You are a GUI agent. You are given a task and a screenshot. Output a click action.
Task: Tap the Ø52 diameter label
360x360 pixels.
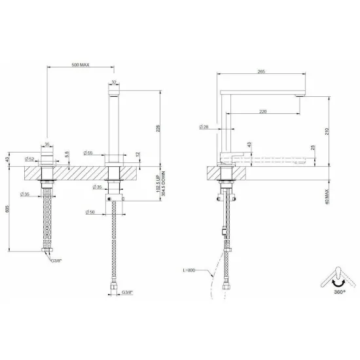point(29,158)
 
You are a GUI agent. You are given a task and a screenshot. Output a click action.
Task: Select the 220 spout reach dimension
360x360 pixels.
point(262,111)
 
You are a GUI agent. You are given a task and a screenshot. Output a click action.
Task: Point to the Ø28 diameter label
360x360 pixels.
point(205,127)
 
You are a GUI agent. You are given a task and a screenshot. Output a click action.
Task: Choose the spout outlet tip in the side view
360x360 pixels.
point(300,96)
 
